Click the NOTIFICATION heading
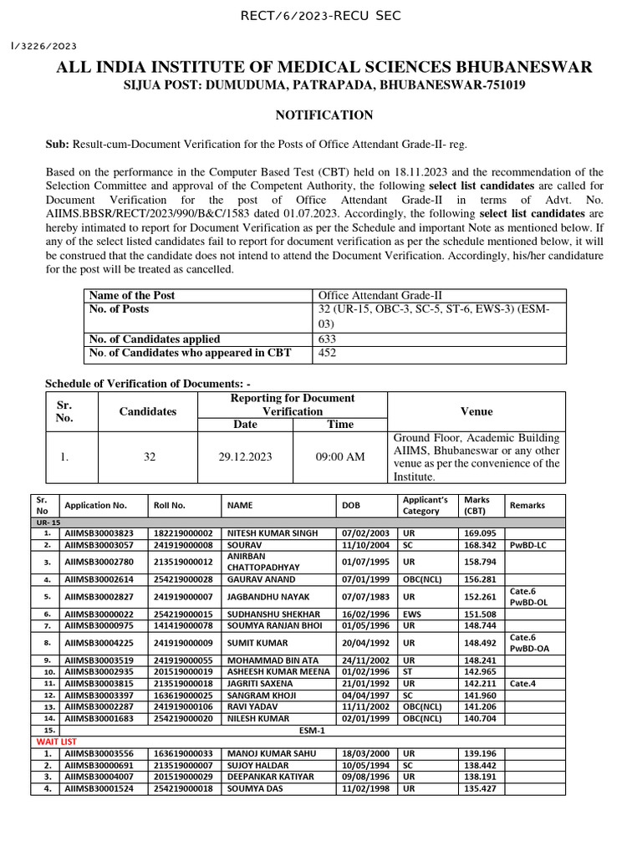324,115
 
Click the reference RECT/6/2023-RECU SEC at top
321,15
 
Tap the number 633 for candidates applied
329,339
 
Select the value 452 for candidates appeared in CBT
329,353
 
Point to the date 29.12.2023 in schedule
248,456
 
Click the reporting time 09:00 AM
341,456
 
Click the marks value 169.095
481,532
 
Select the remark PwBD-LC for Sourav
528,543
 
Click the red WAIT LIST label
55,741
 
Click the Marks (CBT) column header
477,505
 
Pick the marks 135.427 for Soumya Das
481,787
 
